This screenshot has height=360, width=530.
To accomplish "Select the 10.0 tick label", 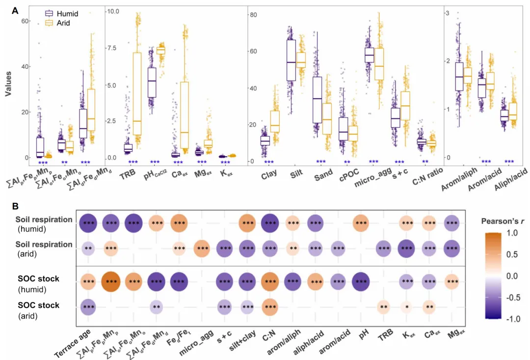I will coord(113,10).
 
